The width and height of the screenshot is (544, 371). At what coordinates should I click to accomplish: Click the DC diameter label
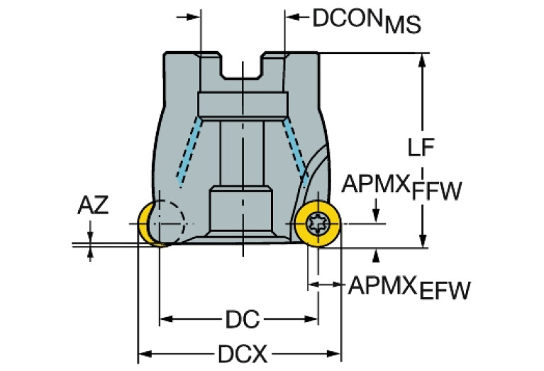239,320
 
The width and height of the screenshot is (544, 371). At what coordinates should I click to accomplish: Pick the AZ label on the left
93,206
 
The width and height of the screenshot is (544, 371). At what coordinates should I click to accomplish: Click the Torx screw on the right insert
316,226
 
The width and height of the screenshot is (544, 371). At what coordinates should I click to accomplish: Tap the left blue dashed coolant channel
190,153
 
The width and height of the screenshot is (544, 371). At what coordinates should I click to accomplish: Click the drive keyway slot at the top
243,67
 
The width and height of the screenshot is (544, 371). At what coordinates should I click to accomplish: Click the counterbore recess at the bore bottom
242,209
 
